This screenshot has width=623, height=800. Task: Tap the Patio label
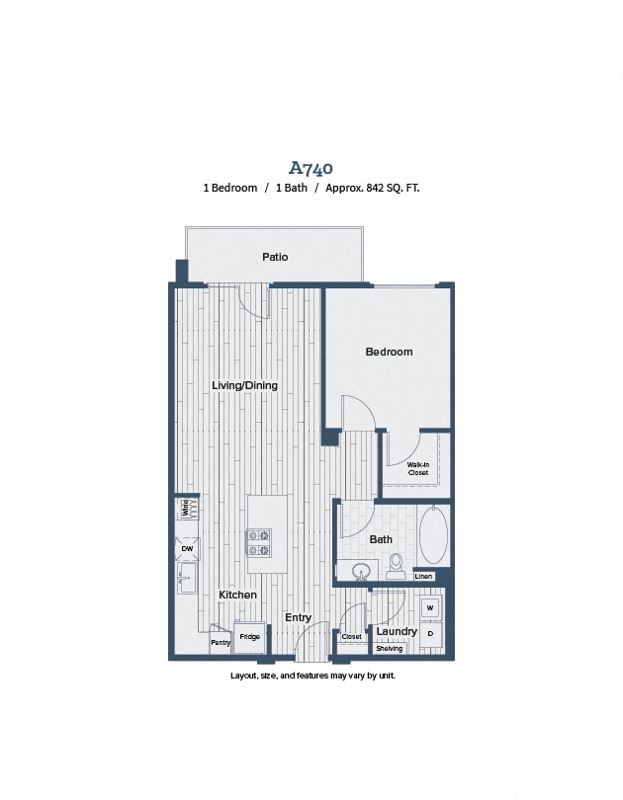point(275,257)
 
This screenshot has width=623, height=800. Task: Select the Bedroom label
point(389,352)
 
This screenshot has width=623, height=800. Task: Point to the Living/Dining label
point(244,385)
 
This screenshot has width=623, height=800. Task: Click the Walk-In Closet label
point(418,470)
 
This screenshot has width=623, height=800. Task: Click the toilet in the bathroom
point(397,564)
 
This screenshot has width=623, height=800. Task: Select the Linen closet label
point(423,576)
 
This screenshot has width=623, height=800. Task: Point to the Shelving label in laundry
point(390,649)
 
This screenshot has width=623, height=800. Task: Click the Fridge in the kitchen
point(249,637)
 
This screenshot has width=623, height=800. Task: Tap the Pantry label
point(220,642)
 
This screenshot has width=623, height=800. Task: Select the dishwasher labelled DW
point(187,548)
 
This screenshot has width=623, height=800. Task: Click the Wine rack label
point(185,509)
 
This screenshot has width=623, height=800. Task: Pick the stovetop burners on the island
point(260,542)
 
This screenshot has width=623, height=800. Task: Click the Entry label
point(298,617)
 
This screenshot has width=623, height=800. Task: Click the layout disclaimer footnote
point(311,676)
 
